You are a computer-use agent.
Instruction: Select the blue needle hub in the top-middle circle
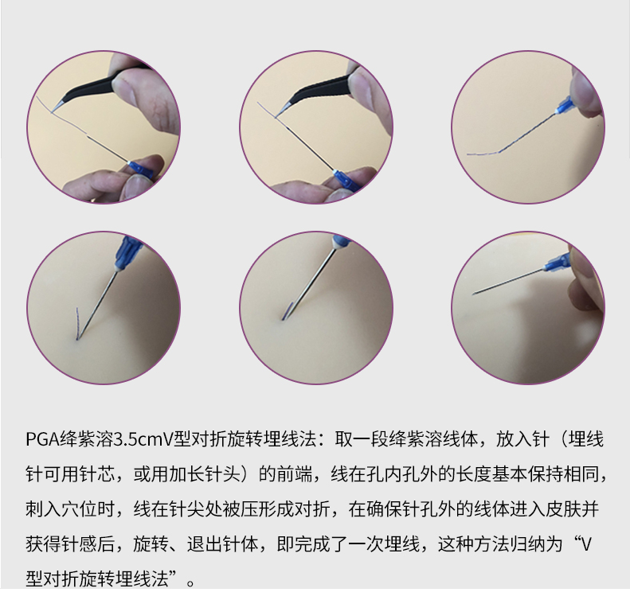346,180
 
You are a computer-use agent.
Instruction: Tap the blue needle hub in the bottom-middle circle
341,242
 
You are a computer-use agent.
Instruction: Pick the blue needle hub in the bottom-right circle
558,263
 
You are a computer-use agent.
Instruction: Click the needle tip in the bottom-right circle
473,294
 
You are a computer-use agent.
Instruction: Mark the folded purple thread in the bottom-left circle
77,324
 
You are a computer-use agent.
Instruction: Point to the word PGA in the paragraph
42,439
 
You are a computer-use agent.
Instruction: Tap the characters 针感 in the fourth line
79,544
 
